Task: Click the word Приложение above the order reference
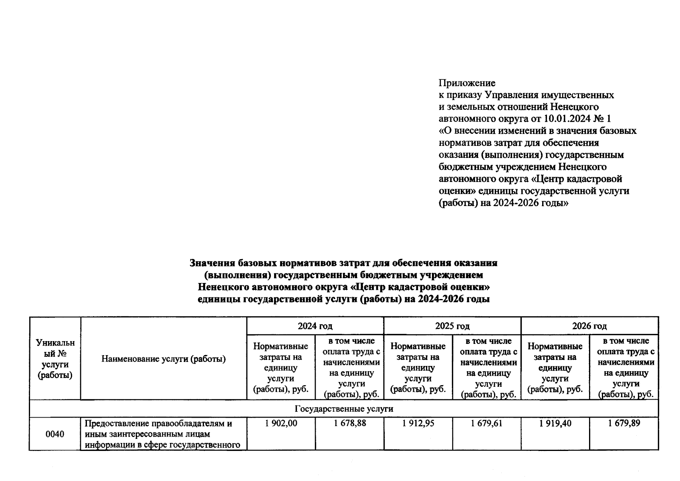pyautogui.click(x=467, y=83)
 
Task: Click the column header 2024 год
pyautogui.click(x=315, y=326)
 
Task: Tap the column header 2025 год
pyautogui.click(x=452, y=326)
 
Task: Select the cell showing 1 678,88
pyautogui.click(x=349, y=423)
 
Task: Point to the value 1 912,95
pyautogui.click(x=418, y=423)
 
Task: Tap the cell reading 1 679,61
pyautogui.click(x=486, y=423)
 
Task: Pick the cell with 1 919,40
pyautogui.click(x=555, y=423)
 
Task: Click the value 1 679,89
pyautogui.click(x=624, y=423)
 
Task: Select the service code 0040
pyautogui.click(x=55, y=434)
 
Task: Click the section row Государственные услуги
pyautogui.click(x=344, y=409)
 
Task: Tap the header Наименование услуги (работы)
pyautogui.click(x=163, y=359)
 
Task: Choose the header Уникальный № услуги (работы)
pyautogui.click(x=55, y=359)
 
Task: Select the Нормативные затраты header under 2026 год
pyautogui.click(x=555, y=367)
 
